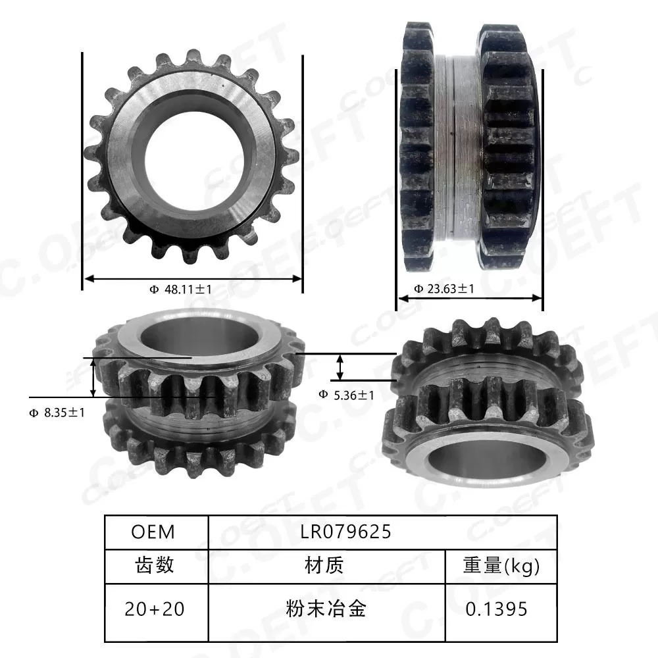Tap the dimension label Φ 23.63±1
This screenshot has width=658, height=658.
(x=443, y=288)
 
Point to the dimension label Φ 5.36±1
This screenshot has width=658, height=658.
(x=346, y=395)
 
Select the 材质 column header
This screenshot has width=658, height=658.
(x=324, y=565)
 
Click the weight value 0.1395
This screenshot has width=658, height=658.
(x=496, y=609)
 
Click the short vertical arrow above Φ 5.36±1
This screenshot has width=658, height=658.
(x=340, y=367)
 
